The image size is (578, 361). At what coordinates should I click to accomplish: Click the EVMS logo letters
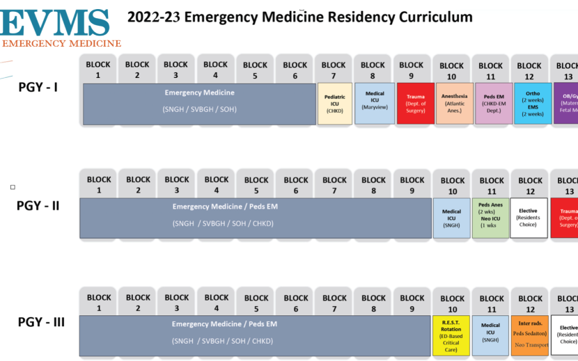click(x=56, y=21)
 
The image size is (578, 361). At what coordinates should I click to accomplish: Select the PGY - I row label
click(x=38, y=88)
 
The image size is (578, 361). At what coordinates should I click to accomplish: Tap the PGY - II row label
click(x=38, y=206)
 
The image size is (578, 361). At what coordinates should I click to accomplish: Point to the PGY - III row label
click(x=41, y=323)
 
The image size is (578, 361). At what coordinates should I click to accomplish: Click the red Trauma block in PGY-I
click(x=416, y=104)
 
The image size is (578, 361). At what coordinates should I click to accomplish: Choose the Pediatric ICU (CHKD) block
click(x=335, y=104)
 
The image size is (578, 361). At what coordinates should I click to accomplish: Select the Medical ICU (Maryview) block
click(x=375, y=104)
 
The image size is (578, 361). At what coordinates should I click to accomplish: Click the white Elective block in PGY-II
click(x=529, y=218)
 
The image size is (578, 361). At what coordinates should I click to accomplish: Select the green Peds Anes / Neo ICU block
click(x=491, y=218)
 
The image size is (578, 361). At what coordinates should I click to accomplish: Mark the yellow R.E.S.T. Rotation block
click(x=451, y=335)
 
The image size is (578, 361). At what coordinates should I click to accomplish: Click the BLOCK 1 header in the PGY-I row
click(x=98, y=70)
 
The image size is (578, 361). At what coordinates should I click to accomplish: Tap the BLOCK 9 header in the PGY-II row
click(x=412, y=185)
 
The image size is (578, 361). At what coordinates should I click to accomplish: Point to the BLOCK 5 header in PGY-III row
click(x=256, y=303)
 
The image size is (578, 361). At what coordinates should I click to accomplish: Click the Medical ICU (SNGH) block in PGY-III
click(x=490, y=335)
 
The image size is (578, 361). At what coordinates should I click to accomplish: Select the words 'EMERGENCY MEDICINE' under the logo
click(x=62, y=43)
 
